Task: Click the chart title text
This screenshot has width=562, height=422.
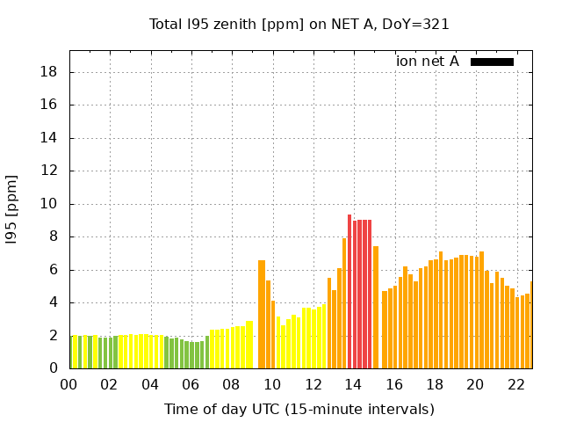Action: click(299, 25)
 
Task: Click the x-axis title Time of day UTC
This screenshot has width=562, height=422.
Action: click(299, 409)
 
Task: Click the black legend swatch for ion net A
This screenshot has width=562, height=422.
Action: click(492, 62)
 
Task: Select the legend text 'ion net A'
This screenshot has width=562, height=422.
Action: click(428, 62)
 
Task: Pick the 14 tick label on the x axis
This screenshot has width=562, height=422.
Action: click(353, 384)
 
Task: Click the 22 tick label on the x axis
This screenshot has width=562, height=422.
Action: click(515, 384)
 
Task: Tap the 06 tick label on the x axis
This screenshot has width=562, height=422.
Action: click(191, 384)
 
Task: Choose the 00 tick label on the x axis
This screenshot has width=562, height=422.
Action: click(68, 384)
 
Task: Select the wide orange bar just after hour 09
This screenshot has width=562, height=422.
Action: click(262, 314)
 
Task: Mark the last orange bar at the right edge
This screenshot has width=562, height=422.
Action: click(531, 324)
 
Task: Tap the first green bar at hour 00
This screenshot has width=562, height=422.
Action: click(71, 352)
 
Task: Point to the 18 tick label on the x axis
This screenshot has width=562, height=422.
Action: click(434, 384)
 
